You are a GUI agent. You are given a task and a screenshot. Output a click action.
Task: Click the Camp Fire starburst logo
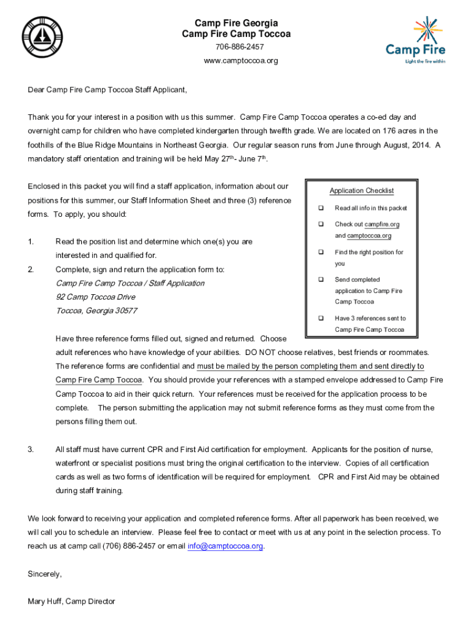(x=416, y=39)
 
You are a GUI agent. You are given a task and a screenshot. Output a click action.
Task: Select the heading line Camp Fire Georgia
(x=237, y=23)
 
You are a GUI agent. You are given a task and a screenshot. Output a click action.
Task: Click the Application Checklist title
(x=361, y=191)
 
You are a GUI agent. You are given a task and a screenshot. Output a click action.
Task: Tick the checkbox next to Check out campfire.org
(x=320, y=224)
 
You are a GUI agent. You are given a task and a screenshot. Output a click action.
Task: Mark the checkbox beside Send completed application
(x=320, y=279)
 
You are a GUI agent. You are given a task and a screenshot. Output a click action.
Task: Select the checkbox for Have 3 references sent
(x=320, y=318)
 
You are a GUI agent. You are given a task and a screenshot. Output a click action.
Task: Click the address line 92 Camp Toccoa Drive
(x=95, y=297)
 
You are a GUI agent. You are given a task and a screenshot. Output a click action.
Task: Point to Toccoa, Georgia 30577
(x=96, y=311)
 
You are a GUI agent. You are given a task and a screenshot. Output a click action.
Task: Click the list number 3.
(x=31, y=450)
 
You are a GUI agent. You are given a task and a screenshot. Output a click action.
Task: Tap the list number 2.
(x=31, y=269)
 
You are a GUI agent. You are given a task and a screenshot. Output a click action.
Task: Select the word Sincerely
(x=45, y=574)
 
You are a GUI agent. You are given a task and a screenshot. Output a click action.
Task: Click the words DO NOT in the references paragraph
(x=260, y=353)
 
